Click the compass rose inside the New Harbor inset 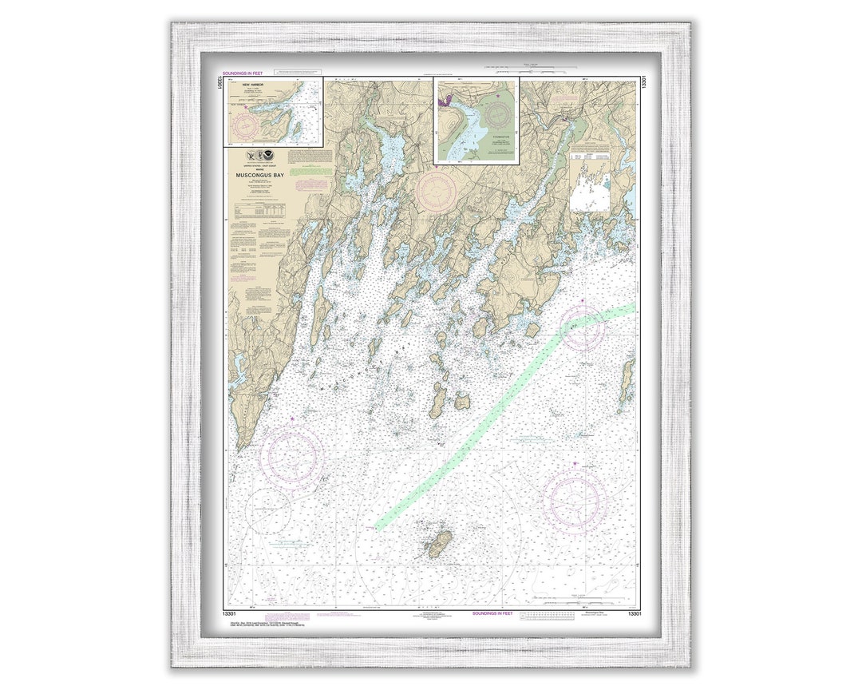tap(245, 125)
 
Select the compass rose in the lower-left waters tap(293, 456)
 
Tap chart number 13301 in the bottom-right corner tap(633, 613)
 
